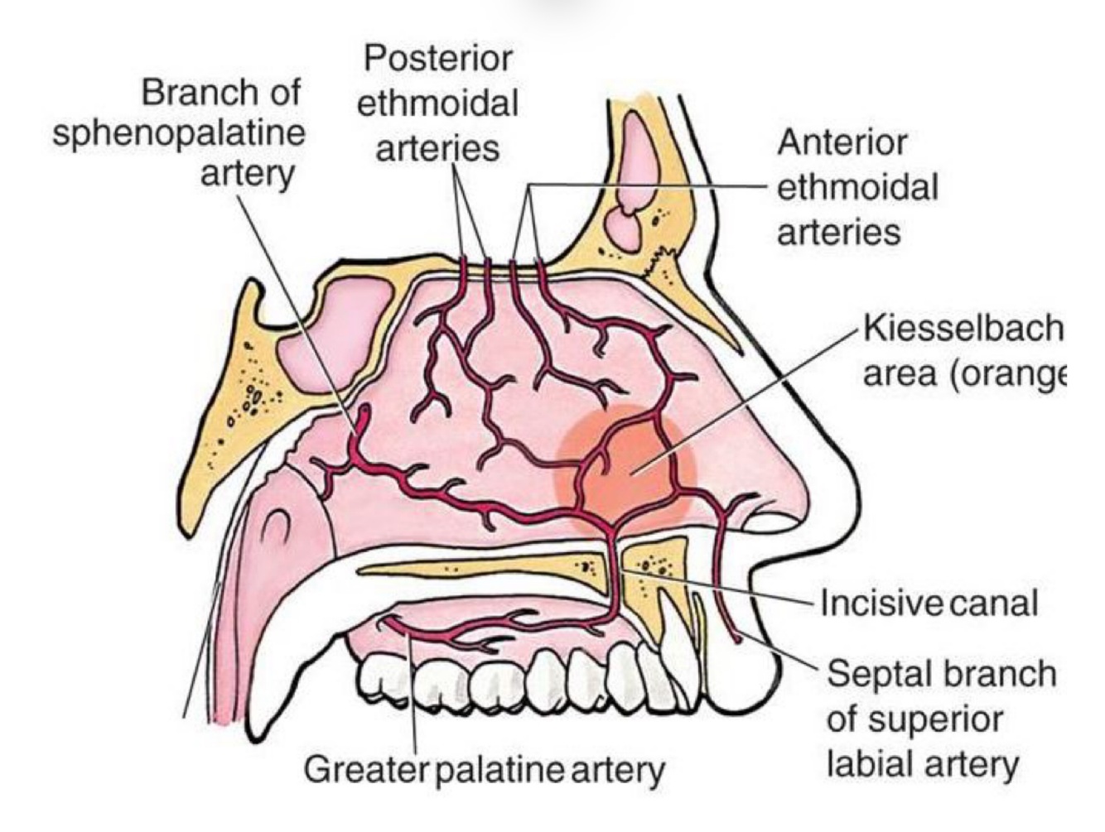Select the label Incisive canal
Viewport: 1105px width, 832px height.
coord(928,602)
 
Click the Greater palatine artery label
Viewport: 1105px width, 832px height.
coord(484,770)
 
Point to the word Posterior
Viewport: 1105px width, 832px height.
coord(438,60)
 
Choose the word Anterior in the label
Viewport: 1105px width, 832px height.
coord(841,143)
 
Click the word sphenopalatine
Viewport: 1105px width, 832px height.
coord(179,132)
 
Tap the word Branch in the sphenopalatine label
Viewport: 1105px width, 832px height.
coord(193,92)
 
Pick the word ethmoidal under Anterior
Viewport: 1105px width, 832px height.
coord(857,187)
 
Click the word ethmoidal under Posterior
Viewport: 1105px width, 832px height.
coord(437,104)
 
